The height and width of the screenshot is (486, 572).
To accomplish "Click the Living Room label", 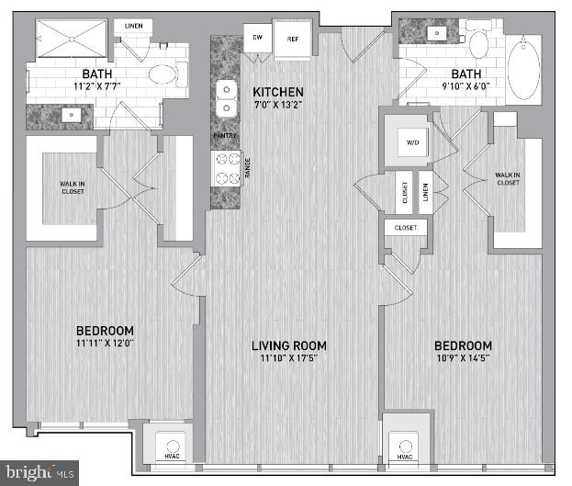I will point(289,345).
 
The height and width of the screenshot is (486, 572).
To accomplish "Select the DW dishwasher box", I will point(259,39).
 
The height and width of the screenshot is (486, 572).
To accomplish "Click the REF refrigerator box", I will point(292,40).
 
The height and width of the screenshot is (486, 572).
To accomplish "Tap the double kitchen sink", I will point(226,100).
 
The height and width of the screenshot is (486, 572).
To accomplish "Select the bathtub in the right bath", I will point(524,70).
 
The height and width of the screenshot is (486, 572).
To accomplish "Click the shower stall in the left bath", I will point(71,40).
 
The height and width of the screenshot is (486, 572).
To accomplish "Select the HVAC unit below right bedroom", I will point(405,446).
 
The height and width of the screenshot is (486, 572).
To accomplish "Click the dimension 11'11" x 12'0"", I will point(105,345).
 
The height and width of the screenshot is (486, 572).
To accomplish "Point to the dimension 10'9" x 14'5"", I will point(469,359).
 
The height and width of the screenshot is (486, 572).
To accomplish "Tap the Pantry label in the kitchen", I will point(225,136).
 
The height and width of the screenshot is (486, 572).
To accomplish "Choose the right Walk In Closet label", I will point(507,178).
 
